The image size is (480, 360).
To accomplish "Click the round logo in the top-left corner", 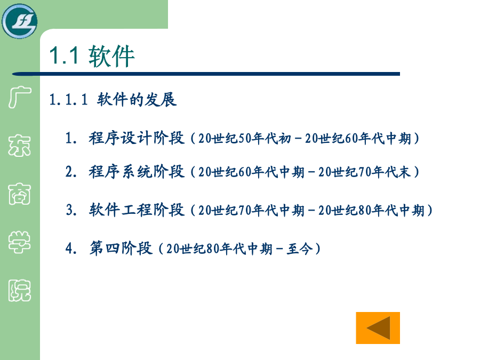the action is point(20,21).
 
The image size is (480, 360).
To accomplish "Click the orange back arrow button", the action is point(378,328).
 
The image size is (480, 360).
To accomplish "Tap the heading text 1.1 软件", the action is point(92,56).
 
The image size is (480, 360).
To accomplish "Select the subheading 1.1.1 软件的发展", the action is point(113,100).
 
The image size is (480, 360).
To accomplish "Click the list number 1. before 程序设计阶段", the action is point(71,138).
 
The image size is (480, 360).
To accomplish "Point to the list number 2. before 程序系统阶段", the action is point(71,172).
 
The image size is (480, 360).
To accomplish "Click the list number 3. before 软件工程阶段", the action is point(71,210).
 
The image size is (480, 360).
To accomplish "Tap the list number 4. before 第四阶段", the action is point(71,248).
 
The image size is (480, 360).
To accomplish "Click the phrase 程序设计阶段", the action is point(137,138).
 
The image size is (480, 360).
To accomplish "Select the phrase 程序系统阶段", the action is point(137,172).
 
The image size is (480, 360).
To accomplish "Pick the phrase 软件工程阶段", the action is point(137,210).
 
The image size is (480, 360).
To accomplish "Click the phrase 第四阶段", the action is point(121,248).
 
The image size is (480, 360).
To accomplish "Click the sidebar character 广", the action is point(20,97).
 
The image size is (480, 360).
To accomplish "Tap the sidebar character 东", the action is point(20,146).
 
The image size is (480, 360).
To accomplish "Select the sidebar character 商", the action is point(20,194).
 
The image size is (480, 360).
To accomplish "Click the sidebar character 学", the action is point(20,242).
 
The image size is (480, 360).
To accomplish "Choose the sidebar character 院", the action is point(20,290).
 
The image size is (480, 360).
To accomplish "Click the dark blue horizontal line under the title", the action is point(206,74).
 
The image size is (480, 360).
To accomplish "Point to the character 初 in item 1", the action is point(284,139).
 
